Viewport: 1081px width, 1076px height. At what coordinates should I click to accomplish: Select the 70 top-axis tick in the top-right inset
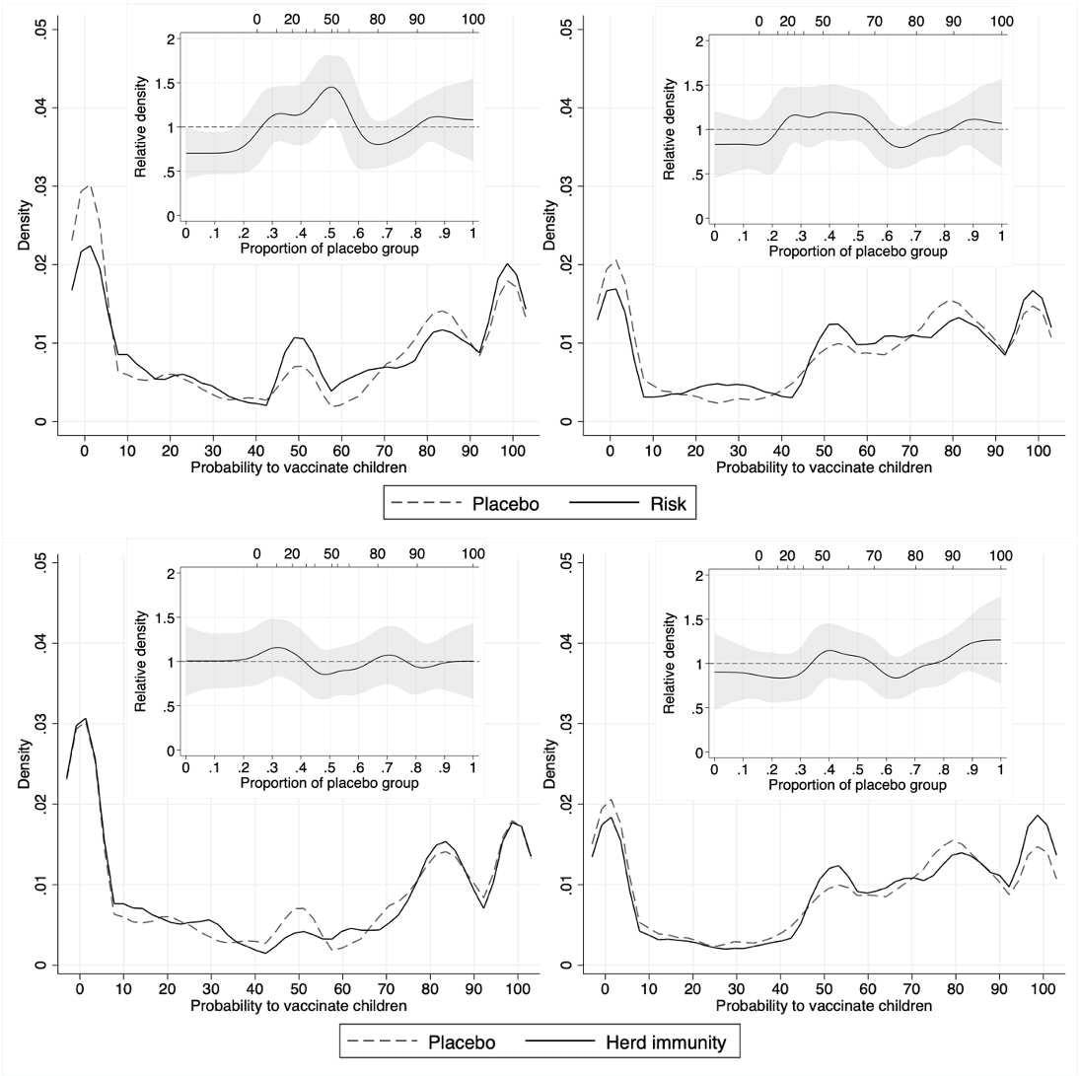[x=874, y=21]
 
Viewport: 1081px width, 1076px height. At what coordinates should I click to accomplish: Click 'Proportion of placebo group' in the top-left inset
[x=328, y=249]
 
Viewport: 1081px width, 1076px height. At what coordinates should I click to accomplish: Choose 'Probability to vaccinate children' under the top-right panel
[x=824, y=467]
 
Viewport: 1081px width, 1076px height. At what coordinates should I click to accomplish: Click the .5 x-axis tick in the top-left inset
[x=329, y=232]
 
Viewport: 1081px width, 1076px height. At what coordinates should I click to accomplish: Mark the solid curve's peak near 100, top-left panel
[x=507, y=264]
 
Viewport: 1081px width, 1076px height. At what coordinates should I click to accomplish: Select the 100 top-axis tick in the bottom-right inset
[x=1001, y=555]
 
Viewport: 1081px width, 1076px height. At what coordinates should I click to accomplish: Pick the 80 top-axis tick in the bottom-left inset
[x=378, y=553]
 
